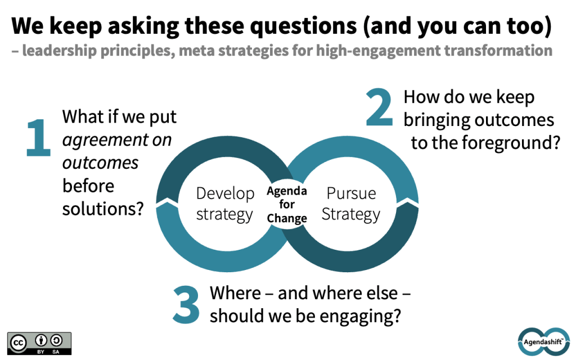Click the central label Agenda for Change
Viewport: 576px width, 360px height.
[287, 205]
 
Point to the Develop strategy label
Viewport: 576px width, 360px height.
[225, 204]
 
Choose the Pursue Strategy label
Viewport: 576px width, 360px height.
[350, 204]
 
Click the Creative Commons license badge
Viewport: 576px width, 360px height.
[39, 343]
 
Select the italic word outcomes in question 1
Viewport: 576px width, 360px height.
[100, 163]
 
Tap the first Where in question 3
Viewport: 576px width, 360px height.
[236, 293]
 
